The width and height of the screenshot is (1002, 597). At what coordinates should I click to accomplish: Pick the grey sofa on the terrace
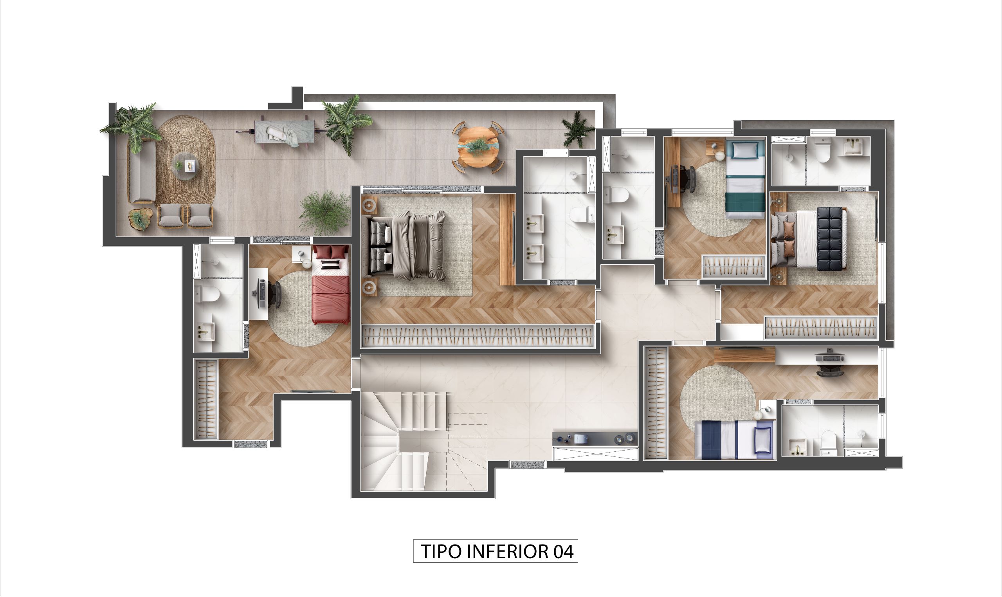[142, 171]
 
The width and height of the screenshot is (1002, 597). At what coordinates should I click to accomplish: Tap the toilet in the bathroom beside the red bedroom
[207, 292]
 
